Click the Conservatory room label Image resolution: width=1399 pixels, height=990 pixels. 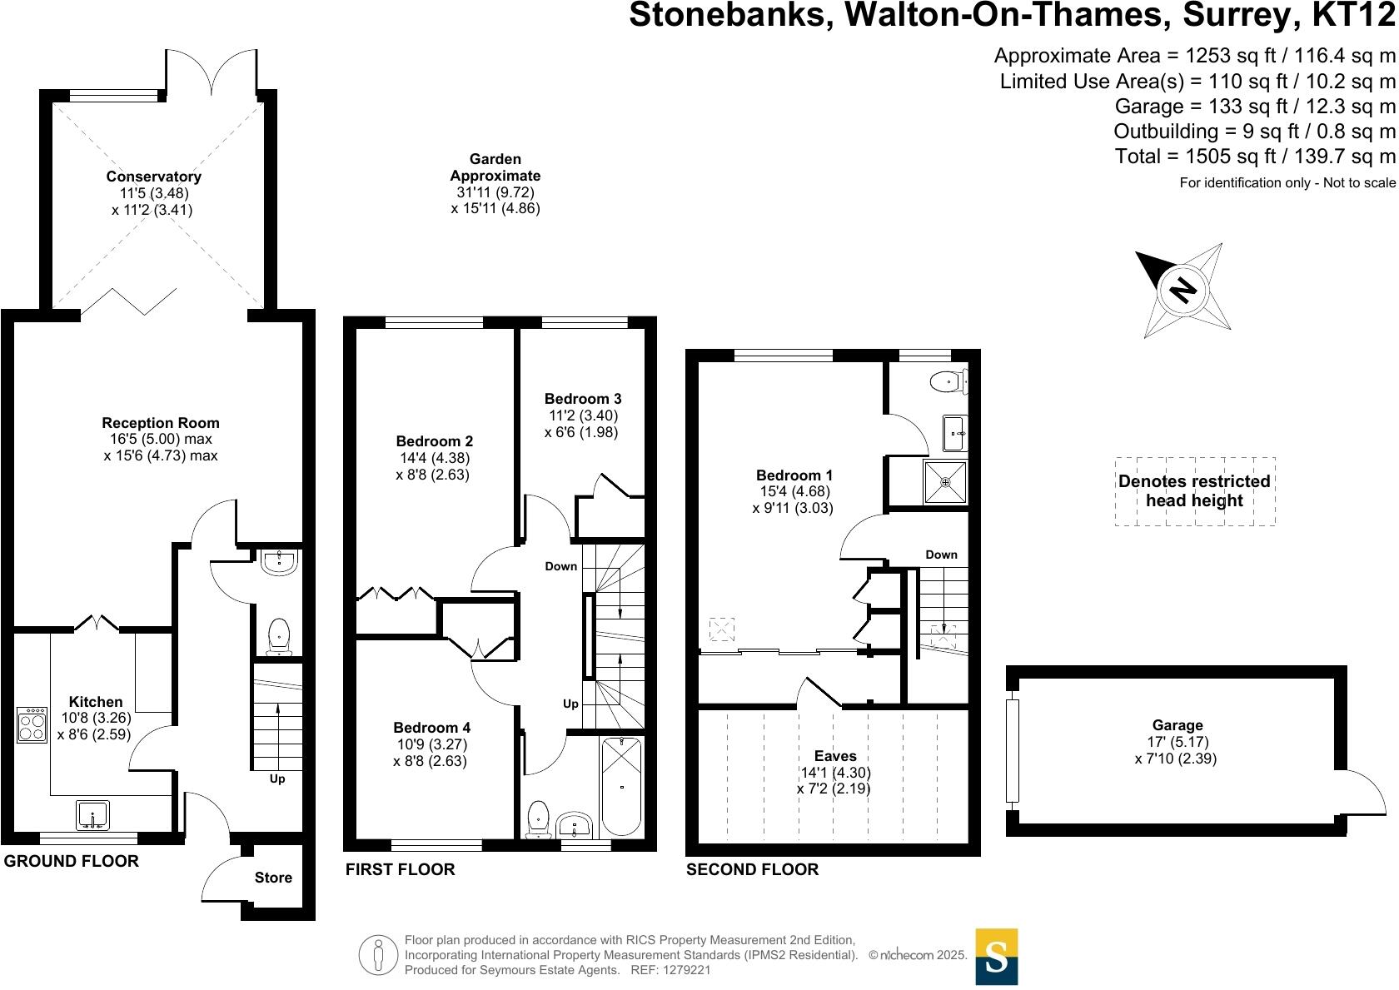pos(153,177)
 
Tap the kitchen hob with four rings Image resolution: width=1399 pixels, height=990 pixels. pos(32,724)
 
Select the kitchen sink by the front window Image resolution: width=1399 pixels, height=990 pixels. pos(92,815)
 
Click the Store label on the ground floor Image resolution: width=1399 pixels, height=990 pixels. pos(273,878)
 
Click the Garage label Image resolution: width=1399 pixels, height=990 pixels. pos(1177,725)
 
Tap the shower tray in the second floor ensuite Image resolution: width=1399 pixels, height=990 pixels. pos(945,482)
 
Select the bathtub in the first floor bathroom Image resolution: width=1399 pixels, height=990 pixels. pos(621,786)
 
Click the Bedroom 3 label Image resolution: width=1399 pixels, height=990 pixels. pos(583,399)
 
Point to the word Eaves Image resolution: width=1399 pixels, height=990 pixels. pos(835,756)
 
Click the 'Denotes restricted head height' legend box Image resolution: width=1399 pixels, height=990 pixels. pos(1195,491)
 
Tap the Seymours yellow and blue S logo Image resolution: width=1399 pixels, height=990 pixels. pos(997,956)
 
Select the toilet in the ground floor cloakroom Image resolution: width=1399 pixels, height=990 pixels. pos(278,637)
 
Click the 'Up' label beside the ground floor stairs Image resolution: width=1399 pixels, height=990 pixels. pos(277,779)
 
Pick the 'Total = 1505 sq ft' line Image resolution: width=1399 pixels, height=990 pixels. pos(1255,157)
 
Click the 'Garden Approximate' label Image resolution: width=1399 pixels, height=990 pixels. pos(495,167)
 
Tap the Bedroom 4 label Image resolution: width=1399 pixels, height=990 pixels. pos(431,728)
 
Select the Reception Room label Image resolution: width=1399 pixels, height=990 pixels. pos(161,423)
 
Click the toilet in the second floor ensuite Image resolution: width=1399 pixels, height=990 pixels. pos(948,381)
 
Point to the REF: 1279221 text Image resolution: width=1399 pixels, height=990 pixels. pos(670,970)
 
